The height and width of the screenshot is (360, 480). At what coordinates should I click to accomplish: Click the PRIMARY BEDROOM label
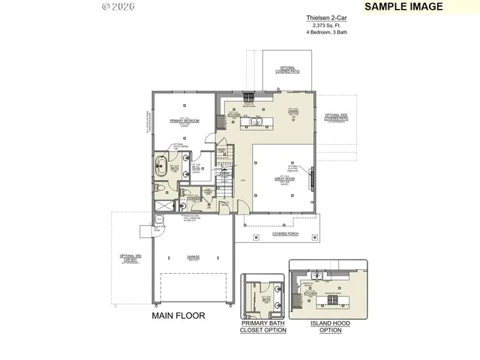[x=184, y=121]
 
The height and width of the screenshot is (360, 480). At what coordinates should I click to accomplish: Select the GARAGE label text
[x=193, y=257]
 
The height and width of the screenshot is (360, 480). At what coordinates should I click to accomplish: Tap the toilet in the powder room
[x=185, y=193]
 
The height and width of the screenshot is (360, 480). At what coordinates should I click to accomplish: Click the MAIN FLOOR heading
[x=178, y=316]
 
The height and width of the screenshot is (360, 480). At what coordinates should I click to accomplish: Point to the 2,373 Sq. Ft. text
[x=326, y=25]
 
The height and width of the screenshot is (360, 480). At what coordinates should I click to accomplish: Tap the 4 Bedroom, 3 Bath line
[x=326, y=32]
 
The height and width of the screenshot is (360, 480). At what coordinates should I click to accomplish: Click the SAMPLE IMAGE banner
[x=403, y=7]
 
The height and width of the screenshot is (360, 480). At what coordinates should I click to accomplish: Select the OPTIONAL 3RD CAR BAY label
[x=130, y=259]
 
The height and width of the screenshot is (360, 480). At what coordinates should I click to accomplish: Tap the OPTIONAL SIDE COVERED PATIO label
[x=336, y=118]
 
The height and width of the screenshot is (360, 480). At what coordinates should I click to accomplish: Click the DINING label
[x=294, y=111]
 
